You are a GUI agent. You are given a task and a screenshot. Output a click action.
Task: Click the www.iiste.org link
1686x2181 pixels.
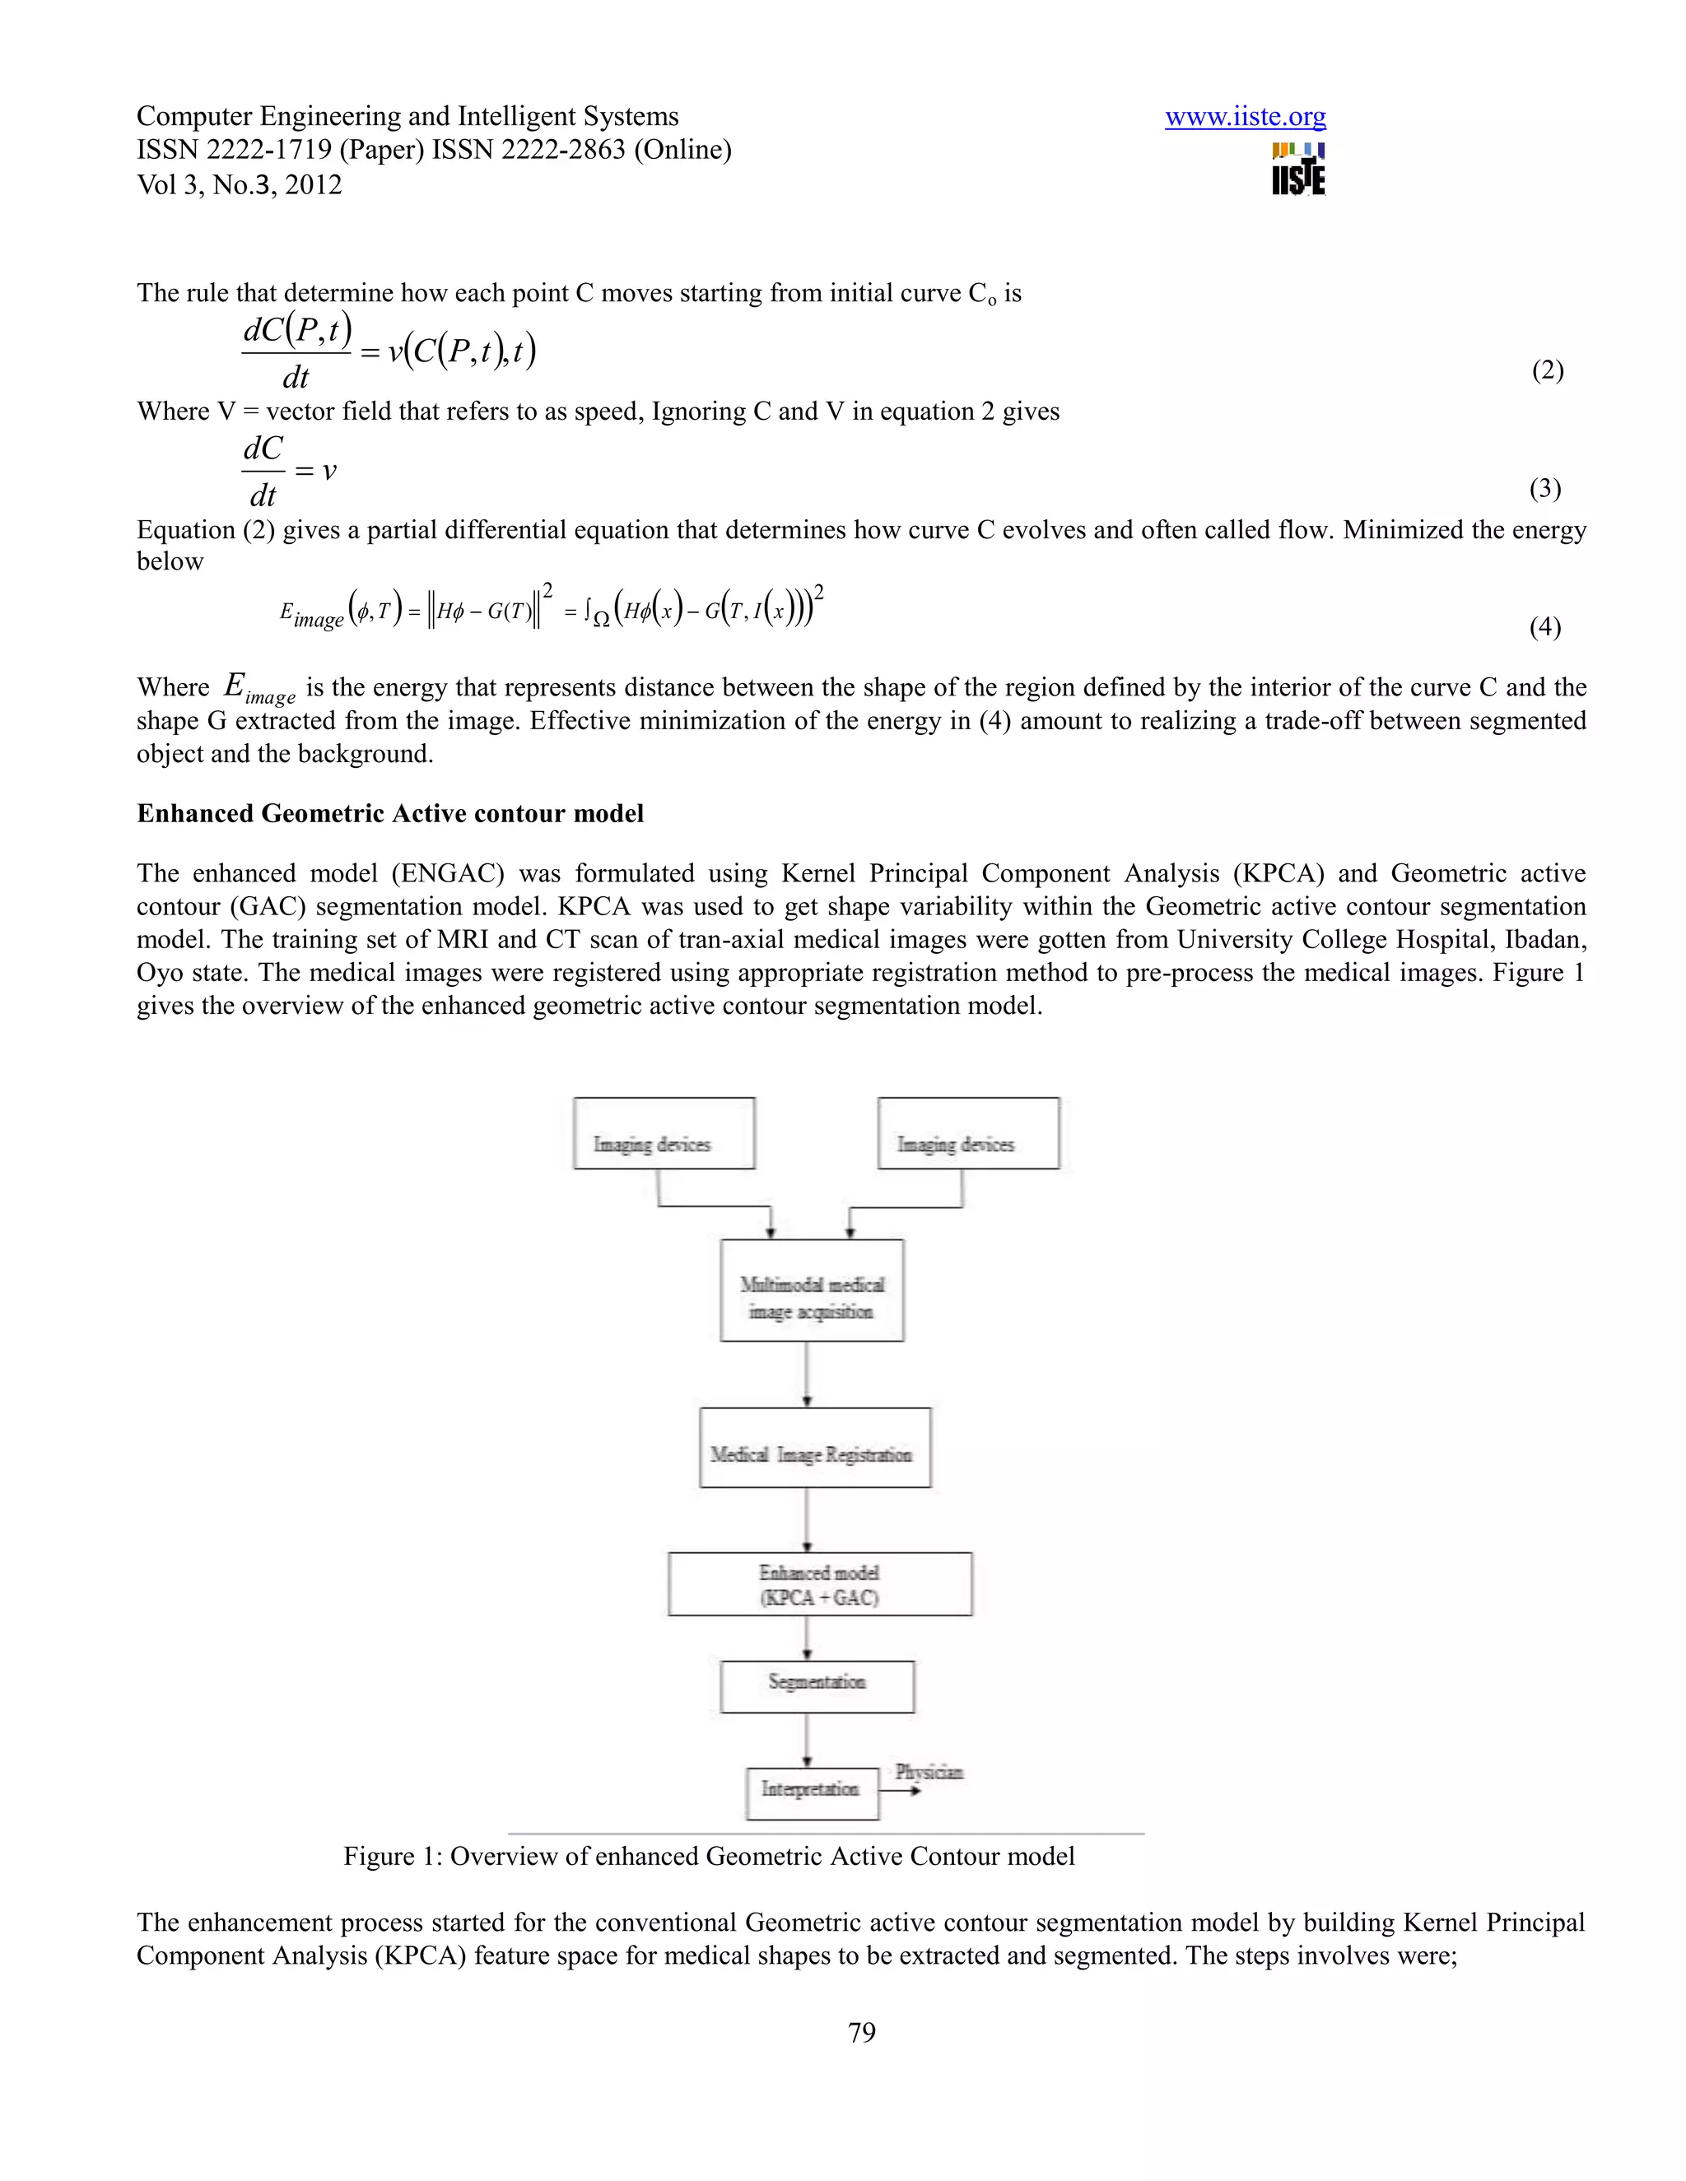(1245, 117)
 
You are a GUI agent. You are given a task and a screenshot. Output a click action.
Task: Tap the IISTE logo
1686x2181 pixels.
(1297, 170)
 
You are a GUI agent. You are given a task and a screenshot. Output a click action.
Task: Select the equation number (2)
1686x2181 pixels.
(1546, 370)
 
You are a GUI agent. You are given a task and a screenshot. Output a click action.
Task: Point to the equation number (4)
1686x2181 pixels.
(1544, 626)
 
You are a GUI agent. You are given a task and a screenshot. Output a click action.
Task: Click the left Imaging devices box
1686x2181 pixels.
(664, 1133)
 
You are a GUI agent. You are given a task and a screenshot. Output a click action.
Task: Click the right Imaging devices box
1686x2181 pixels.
(968, 1133)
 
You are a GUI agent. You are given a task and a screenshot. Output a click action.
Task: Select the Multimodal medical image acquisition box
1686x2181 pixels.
(811, 1290)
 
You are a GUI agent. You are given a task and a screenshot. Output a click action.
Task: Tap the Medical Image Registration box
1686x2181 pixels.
(814, 1447)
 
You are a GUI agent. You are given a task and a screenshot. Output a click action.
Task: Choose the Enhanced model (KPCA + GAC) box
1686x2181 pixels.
(819, 1583)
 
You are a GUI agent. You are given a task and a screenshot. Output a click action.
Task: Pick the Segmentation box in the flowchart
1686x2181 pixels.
(816, 1686)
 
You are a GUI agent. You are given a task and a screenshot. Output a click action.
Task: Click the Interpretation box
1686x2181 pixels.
(811, 1793)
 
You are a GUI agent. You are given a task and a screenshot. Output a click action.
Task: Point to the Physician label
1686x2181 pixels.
(929, 1773)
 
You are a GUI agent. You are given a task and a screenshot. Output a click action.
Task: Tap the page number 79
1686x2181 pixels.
(861, 2033)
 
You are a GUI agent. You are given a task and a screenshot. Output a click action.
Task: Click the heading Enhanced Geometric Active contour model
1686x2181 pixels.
(389, 814)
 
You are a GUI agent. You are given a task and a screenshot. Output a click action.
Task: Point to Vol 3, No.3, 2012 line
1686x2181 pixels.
(239, 184)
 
